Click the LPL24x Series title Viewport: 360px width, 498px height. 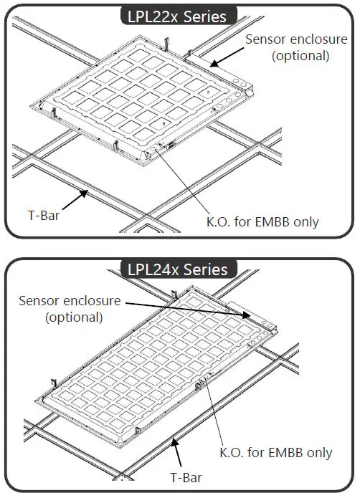point(177,269)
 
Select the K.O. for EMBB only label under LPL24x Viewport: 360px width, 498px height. point(276,453)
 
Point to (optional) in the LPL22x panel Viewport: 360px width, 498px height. point(300,55)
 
